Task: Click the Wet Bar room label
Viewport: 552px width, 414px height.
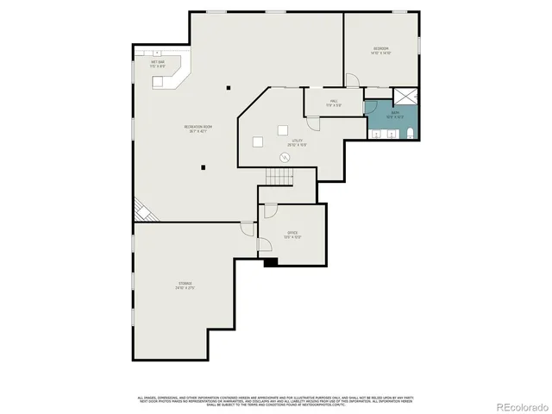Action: [158, 64]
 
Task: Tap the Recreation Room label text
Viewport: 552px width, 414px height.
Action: [198, 129]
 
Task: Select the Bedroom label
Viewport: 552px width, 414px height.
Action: [380, 49]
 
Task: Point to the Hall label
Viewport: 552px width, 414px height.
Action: [334, 103]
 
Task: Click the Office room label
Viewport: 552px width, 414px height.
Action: [292, 235]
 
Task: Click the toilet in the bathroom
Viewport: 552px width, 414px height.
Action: [411, 132]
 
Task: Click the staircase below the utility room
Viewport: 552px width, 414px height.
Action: [279, 176]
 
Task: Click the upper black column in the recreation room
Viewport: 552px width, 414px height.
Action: [229, 86]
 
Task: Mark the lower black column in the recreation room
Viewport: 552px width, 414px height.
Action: [204, 167]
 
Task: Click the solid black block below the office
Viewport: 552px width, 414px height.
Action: [270, 262]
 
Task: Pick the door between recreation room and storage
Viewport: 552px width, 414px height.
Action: [247, 229]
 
